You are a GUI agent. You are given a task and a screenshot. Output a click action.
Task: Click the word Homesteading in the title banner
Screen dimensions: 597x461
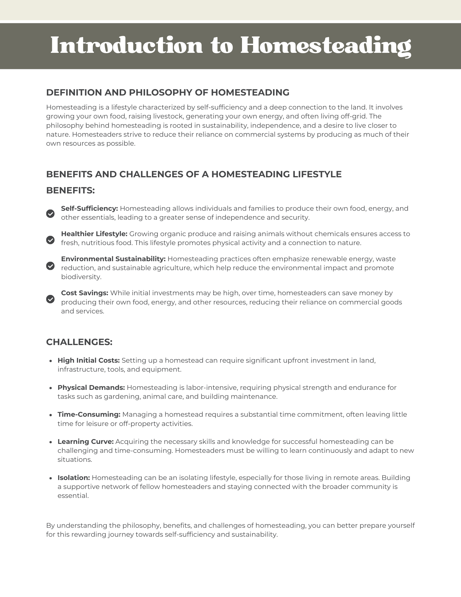click(x=326, y=45)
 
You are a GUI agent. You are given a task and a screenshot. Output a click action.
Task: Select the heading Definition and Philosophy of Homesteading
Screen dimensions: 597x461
click(x=168, y=93)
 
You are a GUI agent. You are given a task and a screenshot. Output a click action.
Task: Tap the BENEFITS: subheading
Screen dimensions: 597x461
click(x=70, y=190)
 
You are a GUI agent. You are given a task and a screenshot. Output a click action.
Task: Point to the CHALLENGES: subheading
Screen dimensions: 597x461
click(x=79, y=342)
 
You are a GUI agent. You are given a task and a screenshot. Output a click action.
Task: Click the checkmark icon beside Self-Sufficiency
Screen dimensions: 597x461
click(x=50, y=214)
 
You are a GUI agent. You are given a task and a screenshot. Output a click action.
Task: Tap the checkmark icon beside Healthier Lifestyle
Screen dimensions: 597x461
click(x=50, y=240)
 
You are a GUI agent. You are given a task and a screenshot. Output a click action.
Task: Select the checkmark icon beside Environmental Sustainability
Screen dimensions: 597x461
click(x=50, y=266)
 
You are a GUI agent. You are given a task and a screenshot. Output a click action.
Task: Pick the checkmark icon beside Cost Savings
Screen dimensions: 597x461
click(x=50, y=299)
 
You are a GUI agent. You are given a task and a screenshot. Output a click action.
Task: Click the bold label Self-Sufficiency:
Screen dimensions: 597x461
click(x=90, y=208)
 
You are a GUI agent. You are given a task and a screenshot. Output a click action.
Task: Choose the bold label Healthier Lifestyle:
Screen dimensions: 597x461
click(x=94, y=234)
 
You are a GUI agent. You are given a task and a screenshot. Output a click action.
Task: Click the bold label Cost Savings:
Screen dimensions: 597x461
click(x=84, y=293)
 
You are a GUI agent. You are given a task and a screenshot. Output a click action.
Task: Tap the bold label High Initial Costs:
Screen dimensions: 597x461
click(x=89, y=361)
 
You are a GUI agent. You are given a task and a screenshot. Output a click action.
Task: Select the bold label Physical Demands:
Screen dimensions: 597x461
click(x=91, y=388)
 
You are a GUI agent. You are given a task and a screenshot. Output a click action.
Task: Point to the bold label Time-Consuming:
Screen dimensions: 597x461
click(x=89, y=415)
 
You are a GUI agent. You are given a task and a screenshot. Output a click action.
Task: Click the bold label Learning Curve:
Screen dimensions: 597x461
click(x=86, y=441)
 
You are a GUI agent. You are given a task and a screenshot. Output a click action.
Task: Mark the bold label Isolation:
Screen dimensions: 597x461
click(x=74, y=478)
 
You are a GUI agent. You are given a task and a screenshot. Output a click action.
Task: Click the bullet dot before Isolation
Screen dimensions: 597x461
click(x=51, y=478)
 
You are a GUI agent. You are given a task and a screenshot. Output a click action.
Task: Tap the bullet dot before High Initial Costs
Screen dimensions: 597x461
click(x=51, y=361)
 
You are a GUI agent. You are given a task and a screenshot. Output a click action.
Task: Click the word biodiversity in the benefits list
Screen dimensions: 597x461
click(x=81, y=277)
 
